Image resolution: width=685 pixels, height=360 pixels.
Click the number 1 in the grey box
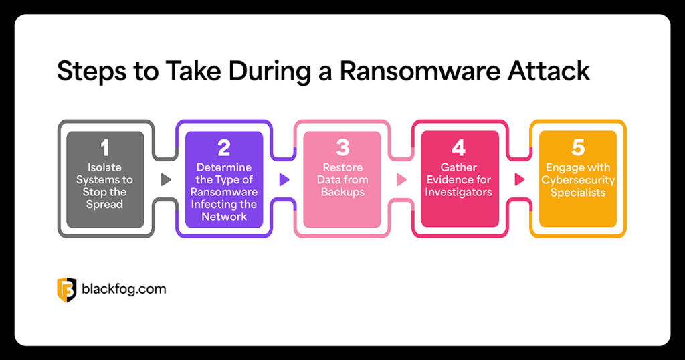click(105, 148)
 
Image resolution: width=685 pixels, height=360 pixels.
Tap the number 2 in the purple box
click(224, 148)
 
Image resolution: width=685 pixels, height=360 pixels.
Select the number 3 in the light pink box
click(343, 148)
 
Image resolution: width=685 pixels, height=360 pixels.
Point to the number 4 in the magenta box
click(459, 148)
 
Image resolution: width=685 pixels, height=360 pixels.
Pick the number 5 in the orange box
click(578, 148)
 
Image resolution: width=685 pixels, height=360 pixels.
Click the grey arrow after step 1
click(166, 179)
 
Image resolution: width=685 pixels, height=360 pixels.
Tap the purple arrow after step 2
click(284, 179)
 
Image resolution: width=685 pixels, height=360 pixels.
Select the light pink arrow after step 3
click(401, 179)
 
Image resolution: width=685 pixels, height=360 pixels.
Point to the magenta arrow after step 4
click(519, 179)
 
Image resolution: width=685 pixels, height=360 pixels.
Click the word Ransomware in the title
click(420, 71)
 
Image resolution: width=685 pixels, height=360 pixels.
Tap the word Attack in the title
click(549, 71)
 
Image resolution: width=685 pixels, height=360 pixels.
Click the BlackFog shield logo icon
click(66, 290)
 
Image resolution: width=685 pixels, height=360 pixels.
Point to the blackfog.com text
click(124, 289)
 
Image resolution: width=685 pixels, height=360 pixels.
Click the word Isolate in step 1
click(104, 167)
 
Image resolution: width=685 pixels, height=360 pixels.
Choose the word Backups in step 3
click(342, 192)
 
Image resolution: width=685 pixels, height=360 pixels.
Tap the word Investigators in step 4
click(459, 192)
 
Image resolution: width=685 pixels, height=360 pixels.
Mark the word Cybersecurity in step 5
click(578, 180)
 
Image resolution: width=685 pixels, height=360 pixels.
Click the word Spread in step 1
click(104, 205)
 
